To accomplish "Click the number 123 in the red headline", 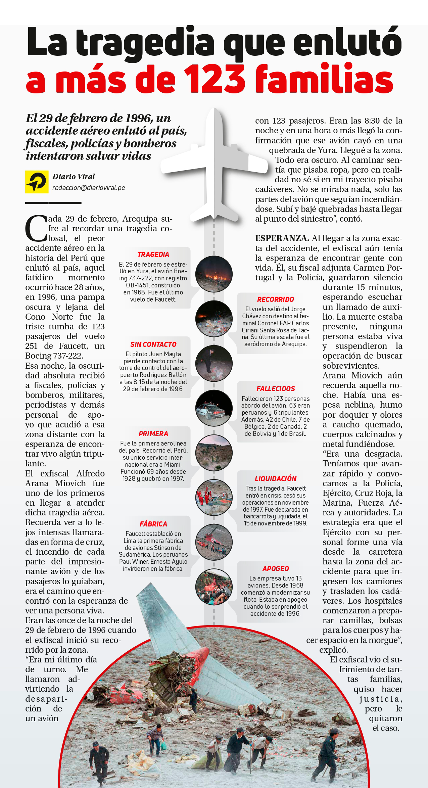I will coord(215,79).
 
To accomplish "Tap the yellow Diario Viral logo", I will coord(37,182).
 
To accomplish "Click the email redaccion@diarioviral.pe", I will coord(89,188).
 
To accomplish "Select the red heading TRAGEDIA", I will coord(153,254).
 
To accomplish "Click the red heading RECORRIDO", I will coord(275,299).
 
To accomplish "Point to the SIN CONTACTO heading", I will coord(153,344).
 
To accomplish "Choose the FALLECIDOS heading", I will coord(275,389).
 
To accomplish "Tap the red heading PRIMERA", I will coord(153,434).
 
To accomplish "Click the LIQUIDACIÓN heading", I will coord(275,479).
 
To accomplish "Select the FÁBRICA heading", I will coord(153,524).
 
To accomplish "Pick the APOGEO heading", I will coord(275,569).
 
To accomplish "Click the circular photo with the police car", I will coord(214,408).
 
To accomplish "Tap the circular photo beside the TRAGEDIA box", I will coord(214,274).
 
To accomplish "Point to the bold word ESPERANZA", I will coord(282,238).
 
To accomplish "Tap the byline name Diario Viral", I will coord(74,177).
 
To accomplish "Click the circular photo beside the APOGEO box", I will coord(214,587).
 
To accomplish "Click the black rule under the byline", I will coord(53,203).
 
